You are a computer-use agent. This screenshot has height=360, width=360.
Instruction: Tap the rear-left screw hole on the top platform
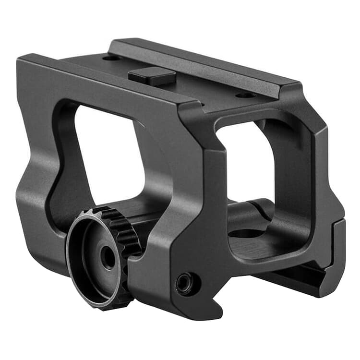tap(111, 58)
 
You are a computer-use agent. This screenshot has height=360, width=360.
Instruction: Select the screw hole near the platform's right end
tap(247, 95)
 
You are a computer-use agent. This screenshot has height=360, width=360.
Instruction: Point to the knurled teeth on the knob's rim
tap(126, 230)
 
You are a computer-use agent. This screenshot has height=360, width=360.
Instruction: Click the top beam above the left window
tap(110, 84)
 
